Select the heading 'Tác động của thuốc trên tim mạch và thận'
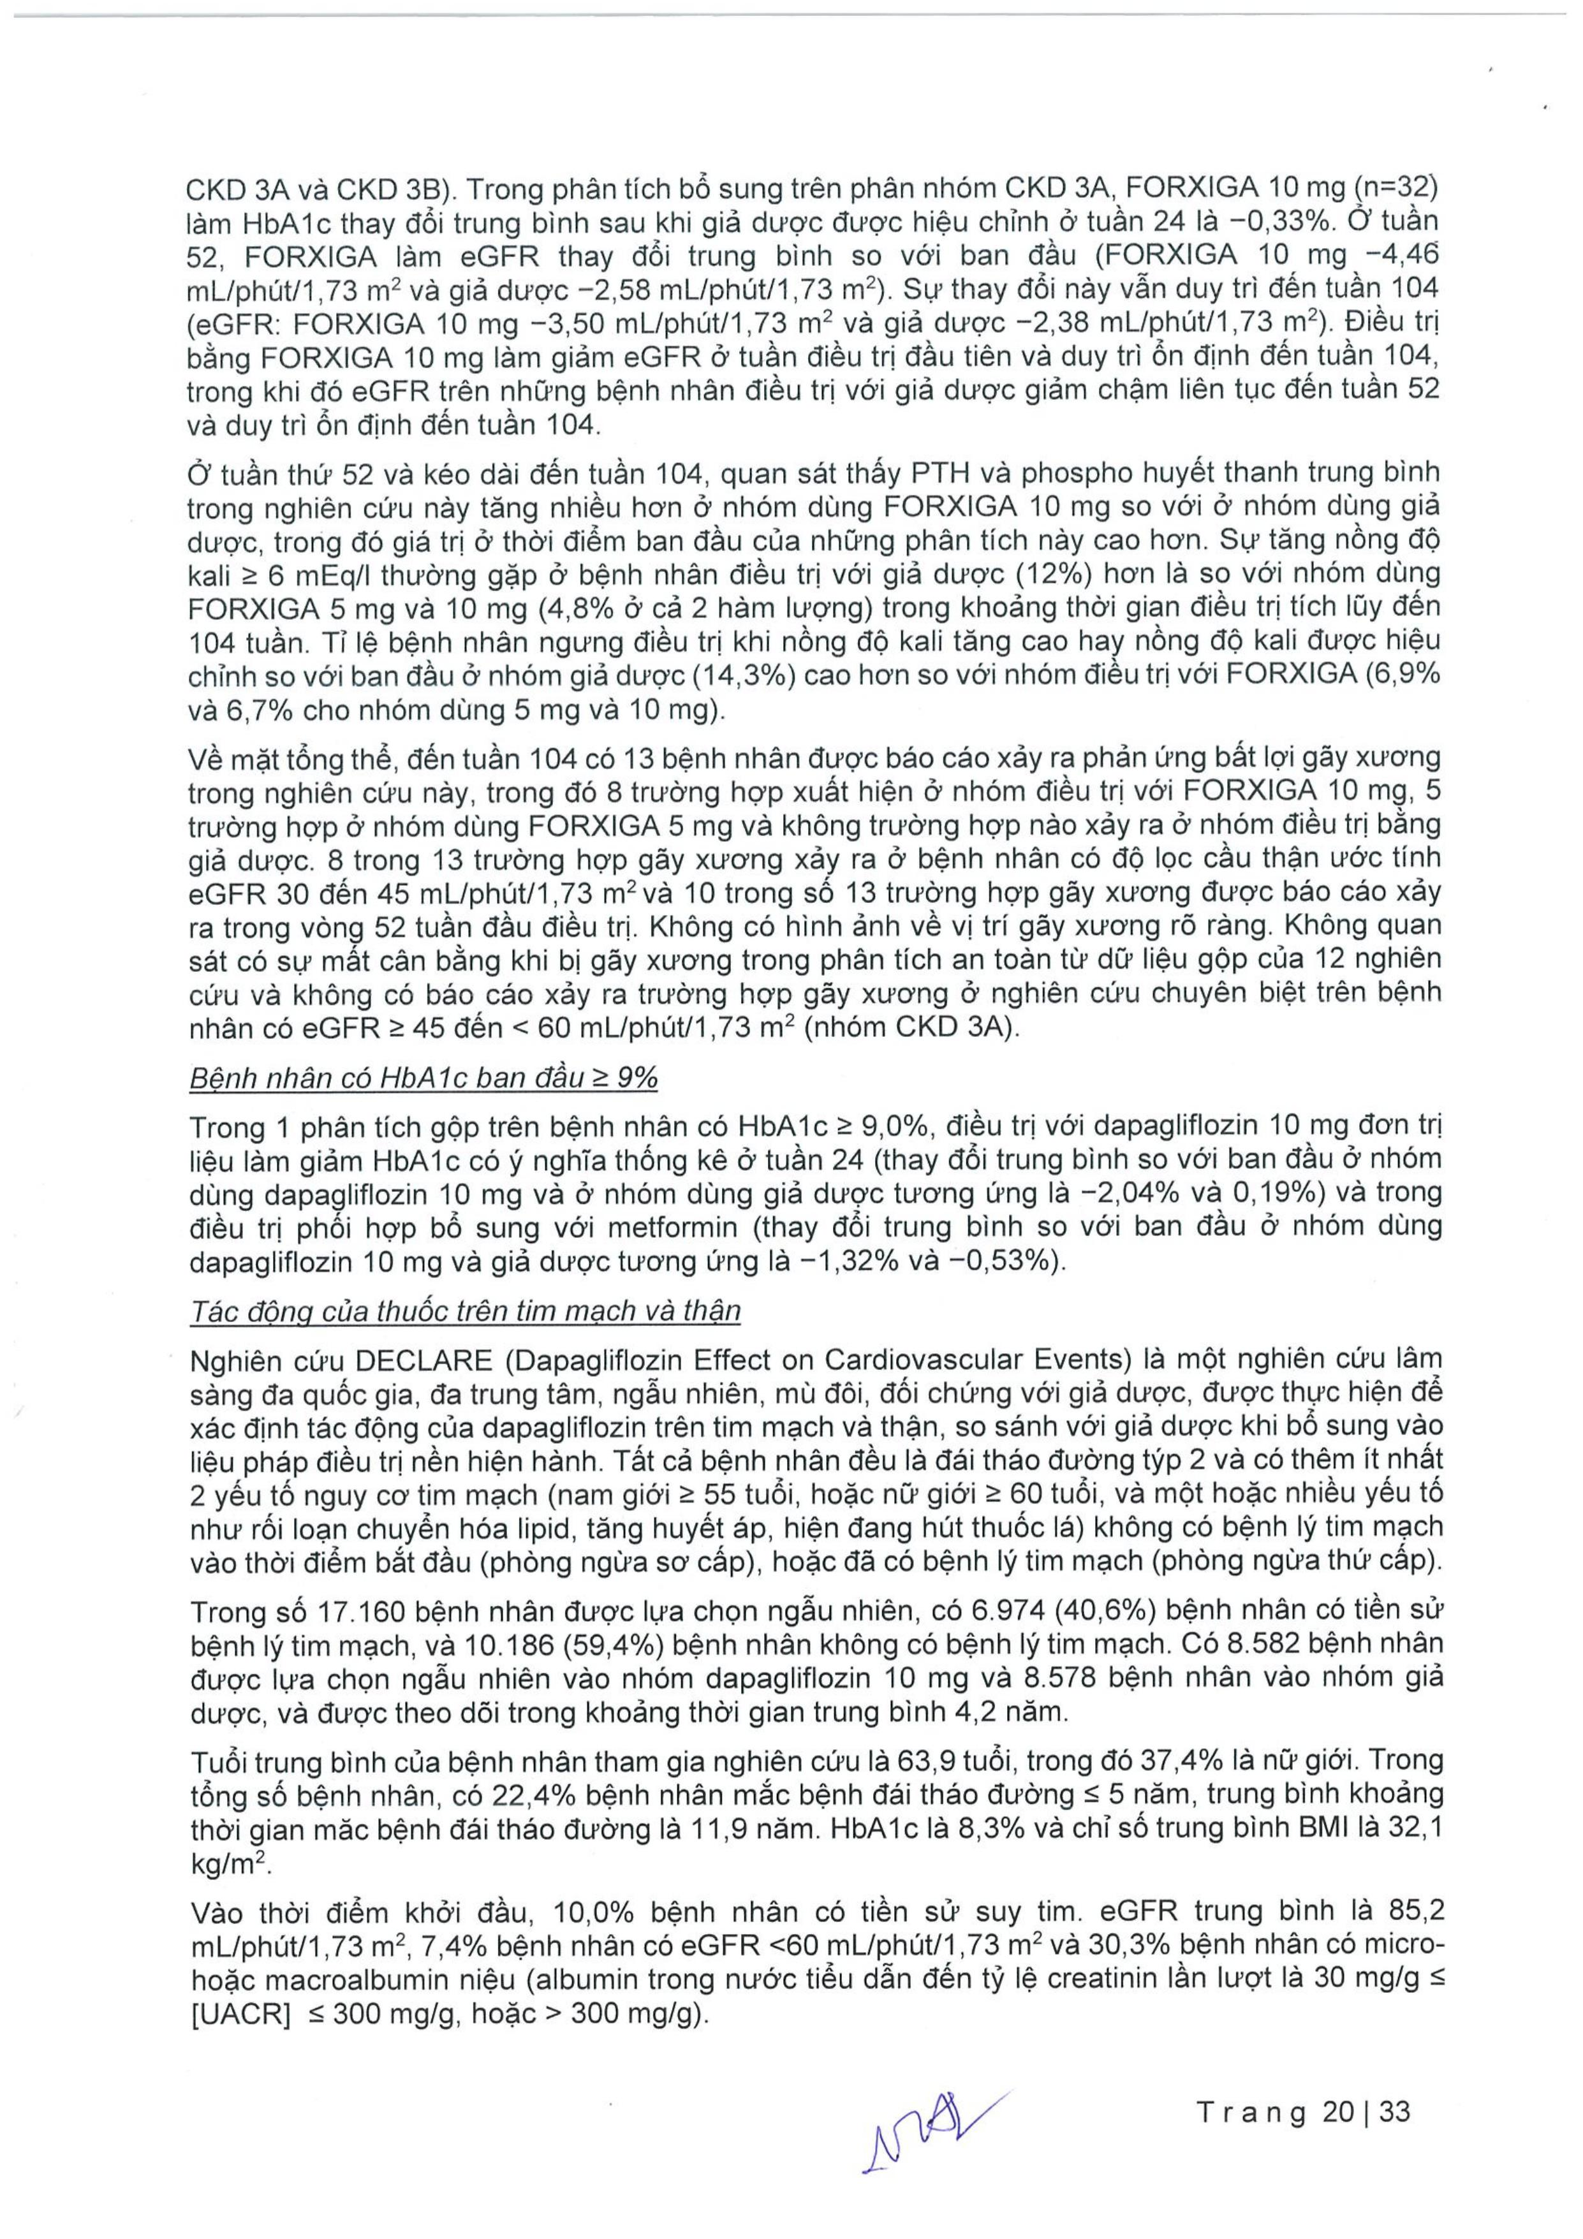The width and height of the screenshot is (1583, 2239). point(465,1310)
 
